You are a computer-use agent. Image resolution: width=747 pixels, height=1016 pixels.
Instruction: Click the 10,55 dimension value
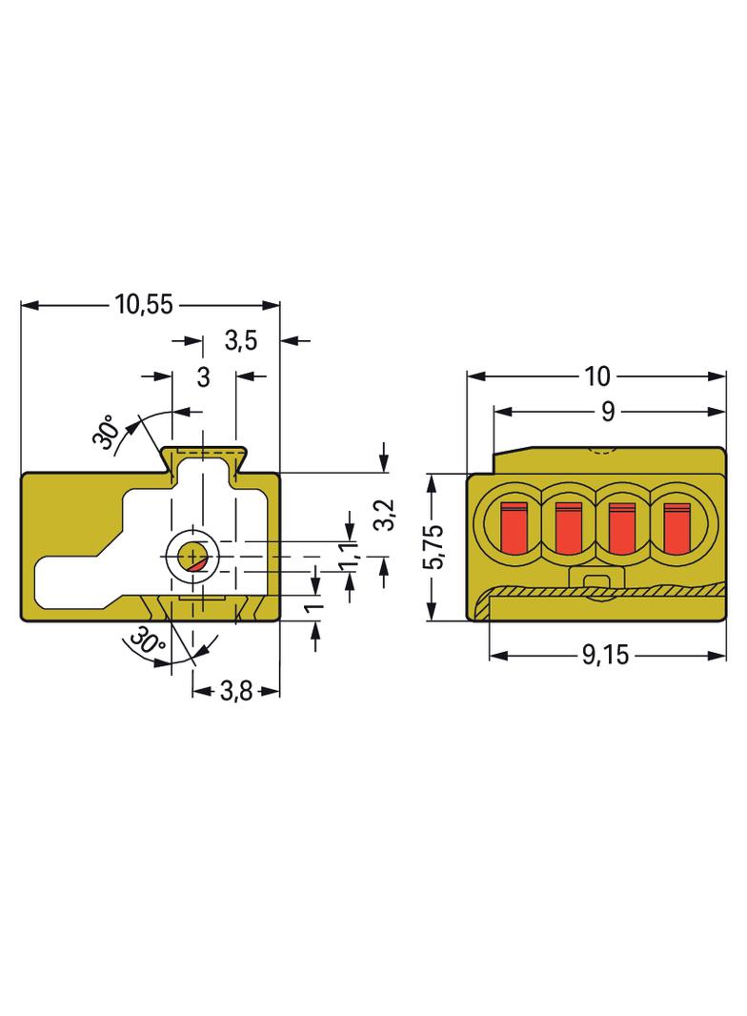coord(144,304)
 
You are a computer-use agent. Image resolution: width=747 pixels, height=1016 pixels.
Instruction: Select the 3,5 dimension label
coord(241,340)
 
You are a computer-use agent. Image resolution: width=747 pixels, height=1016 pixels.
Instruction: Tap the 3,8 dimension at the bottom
coord(236,691)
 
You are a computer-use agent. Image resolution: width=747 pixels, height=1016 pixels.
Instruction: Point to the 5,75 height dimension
coord(434,547)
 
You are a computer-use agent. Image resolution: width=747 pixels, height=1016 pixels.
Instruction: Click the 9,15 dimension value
coord(605,655)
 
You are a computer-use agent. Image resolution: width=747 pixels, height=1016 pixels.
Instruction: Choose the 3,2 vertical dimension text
coord(386,515)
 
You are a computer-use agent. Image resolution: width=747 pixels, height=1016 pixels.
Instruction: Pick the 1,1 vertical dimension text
coord(349,557)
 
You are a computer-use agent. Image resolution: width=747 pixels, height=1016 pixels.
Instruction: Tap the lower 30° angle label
coord(148,641)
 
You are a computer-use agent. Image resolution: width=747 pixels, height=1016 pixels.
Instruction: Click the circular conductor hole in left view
coord(192,557)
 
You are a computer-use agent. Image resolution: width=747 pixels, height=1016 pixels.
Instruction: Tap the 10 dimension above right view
coord(596,376)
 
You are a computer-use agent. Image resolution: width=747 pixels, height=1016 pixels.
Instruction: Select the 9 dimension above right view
coord(608,412)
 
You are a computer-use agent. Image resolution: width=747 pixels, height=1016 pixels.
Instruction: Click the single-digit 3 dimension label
coord(204,376)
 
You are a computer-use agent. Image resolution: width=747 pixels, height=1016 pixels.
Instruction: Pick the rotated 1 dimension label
coord(314,608)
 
